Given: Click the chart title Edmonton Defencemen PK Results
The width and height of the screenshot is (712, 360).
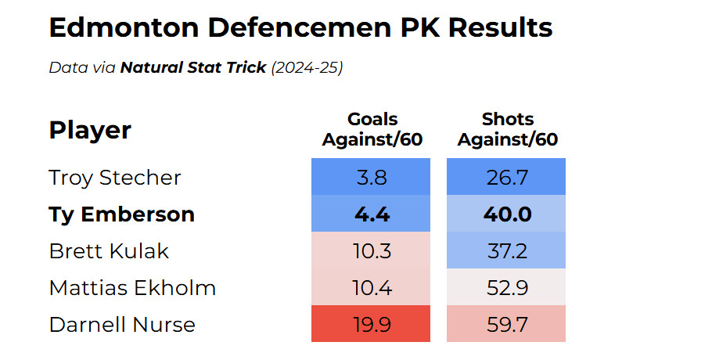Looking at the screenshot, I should pos(300,28).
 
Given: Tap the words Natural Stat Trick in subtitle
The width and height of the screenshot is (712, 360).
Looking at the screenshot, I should pos(193,68).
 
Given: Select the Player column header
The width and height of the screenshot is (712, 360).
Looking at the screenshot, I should pos(90,130).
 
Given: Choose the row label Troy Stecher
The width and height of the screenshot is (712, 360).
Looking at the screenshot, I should pos(115,178).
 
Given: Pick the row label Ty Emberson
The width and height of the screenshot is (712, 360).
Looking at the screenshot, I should pos(121,214).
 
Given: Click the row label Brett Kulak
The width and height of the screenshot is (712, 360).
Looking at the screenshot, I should pos(109,251).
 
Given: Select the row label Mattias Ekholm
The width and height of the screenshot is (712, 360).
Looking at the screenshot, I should pos(132,288).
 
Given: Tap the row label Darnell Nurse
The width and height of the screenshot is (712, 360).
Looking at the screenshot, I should pos(122,325).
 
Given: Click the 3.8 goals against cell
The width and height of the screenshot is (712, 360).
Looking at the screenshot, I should pos(371,178).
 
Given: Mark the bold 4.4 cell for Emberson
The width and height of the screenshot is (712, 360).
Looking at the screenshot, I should pos(371,214).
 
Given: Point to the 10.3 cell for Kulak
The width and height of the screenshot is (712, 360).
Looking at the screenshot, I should pos(371,251).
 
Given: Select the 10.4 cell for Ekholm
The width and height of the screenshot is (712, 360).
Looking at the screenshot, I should pos(371,288).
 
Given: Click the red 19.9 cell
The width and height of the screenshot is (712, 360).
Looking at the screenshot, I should pos(371,325).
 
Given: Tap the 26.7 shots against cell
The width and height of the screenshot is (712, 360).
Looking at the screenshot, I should pos(506,178).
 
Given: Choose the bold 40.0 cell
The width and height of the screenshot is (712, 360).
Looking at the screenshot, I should pos(506,214).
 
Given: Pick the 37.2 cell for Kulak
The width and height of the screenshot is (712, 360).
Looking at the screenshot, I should pos(506,251).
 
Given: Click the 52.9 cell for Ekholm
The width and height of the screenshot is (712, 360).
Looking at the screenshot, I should pos(506,288).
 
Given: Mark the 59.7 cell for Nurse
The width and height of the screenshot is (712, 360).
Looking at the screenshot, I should pos(506,325).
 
